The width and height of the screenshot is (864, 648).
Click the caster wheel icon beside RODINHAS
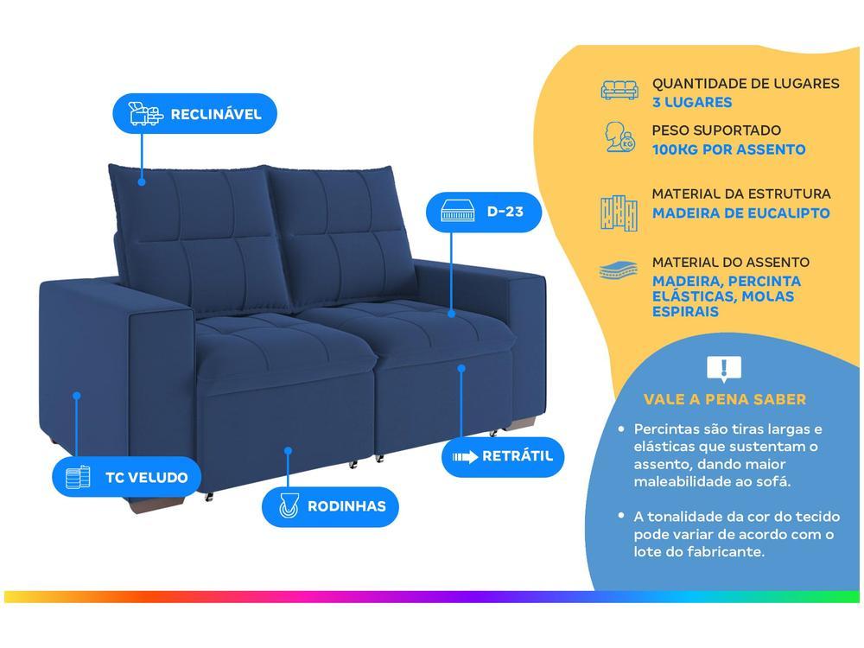tap(288, 505)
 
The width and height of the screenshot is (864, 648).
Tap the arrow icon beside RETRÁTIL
tap(464, 456)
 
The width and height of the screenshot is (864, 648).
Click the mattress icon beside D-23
tap(458, 211)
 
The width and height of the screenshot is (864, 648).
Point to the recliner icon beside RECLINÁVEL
tap(145, 113)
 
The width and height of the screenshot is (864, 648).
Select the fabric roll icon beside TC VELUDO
tap(78, 476)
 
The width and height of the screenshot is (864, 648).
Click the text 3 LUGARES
tap(692, 103)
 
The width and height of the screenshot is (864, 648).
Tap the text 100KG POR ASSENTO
tap(728, 149)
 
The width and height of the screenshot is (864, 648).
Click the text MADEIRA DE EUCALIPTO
tap(740, 213)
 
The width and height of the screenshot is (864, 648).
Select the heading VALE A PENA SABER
tap(724, 399)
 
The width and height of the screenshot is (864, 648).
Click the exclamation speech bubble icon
tap(724, 369)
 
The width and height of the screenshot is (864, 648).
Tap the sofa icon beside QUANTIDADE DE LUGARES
tap(619, 90)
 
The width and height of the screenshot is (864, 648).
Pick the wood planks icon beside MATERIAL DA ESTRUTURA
tap(619, 212)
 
